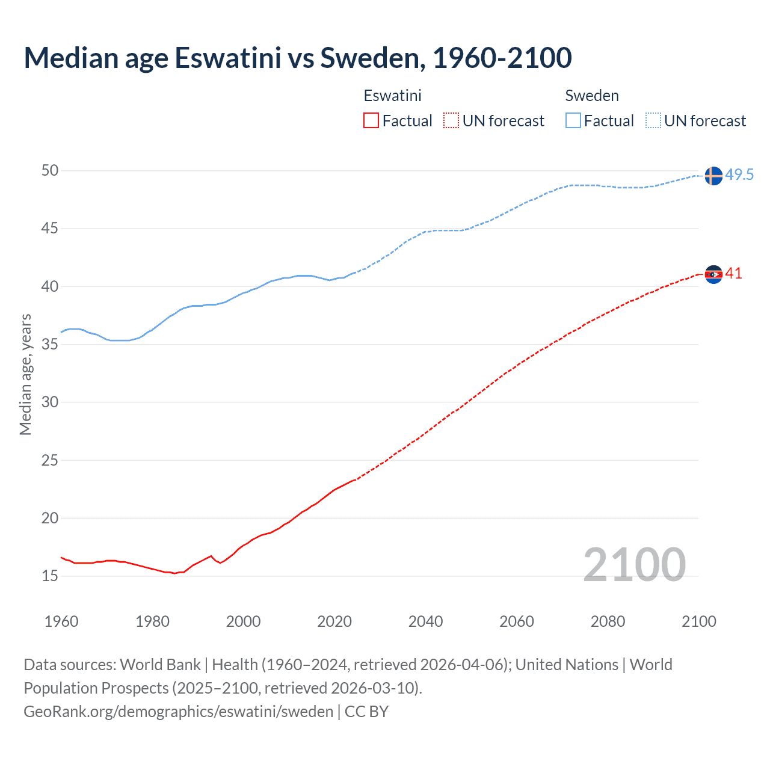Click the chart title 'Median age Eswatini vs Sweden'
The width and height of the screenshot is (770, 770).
[x=298, y=58]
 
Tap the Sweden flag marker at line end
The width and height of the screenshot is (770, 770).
[x=713, y=176]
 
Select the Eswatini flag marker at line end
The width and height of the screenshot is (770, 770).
[x=713, y=274]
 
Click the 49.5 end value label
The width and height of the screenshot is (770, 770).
[x=739, y=175]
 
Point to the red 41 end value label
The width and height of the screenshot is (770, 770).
[x=733, y=274]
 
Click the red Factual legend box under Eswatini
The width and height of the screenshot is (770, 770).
[x=371, y=121]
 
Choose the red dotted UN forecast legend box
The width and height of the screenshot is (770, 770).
[x=451, y=121]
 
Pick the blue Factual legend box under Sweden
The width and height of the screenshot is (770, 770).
[x=573, y=121]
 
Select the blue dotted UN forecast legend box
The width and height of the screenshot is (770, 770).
[x=653, y=121]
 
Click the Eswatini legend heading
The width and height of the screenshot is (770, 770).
[x=392, y=96]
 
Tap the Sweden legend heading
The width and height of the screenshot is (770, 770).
[x=592, y=96]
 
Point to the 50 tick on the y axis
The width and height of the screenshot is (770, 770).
[x=50, y=171]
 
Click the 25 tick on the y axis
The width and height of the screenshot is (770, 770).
[x=50, y=461]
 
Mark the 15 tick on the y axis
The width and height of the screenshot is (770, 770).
[x=50, y=576]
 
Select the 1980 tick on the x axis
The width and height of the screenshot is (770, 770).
[x=152, y=621]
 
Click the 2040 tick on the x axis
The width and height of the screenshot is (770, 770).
[x=425, y=621]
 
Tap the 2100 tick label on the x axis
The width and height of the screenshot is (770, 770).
[x=698, y=621]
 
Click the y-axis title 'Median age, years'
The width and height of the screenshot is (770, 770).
[x=25, y=374]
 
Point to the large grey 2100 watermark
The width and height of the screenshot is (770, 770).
[x=634, y=564]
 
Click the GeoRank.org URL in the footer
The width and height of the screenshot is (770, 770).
[x=179, y=712]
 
